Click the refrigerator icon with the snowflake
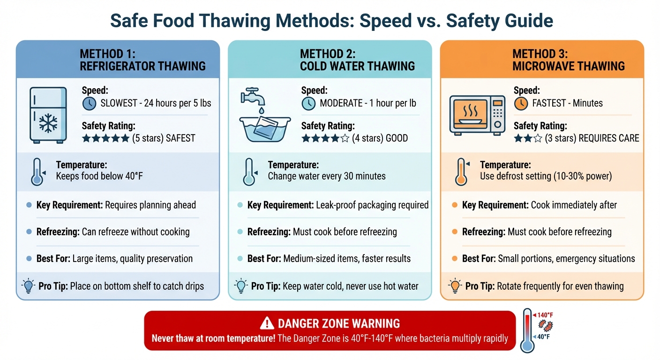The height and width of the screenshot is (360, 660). click(x=48, y=114)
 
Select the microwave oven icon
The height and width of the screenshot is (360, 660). click(x=477, y=114)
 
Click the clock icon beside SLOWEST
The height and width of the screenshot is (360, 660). click(x=89, y=104)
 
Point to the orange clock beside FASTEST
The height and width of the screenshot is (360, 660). click(x=521, y=104)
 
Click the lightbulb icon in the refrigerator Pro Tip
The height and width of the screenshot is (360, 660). click(x=29, y=285)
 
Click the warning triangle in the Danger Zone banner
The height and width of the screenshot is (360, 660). click(x=267, y=323)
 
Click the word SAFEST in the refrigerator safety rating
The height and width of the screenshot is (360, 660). click(x=180, y=138)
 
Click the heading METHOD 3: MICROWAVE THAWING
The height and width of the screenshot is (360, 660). click(x=568, y=60)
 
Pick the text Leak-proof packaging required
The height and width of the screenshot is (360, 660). click(x=373, y=205)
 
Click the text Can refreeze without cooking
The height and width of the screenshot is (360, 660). click(x=135, y=232)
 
